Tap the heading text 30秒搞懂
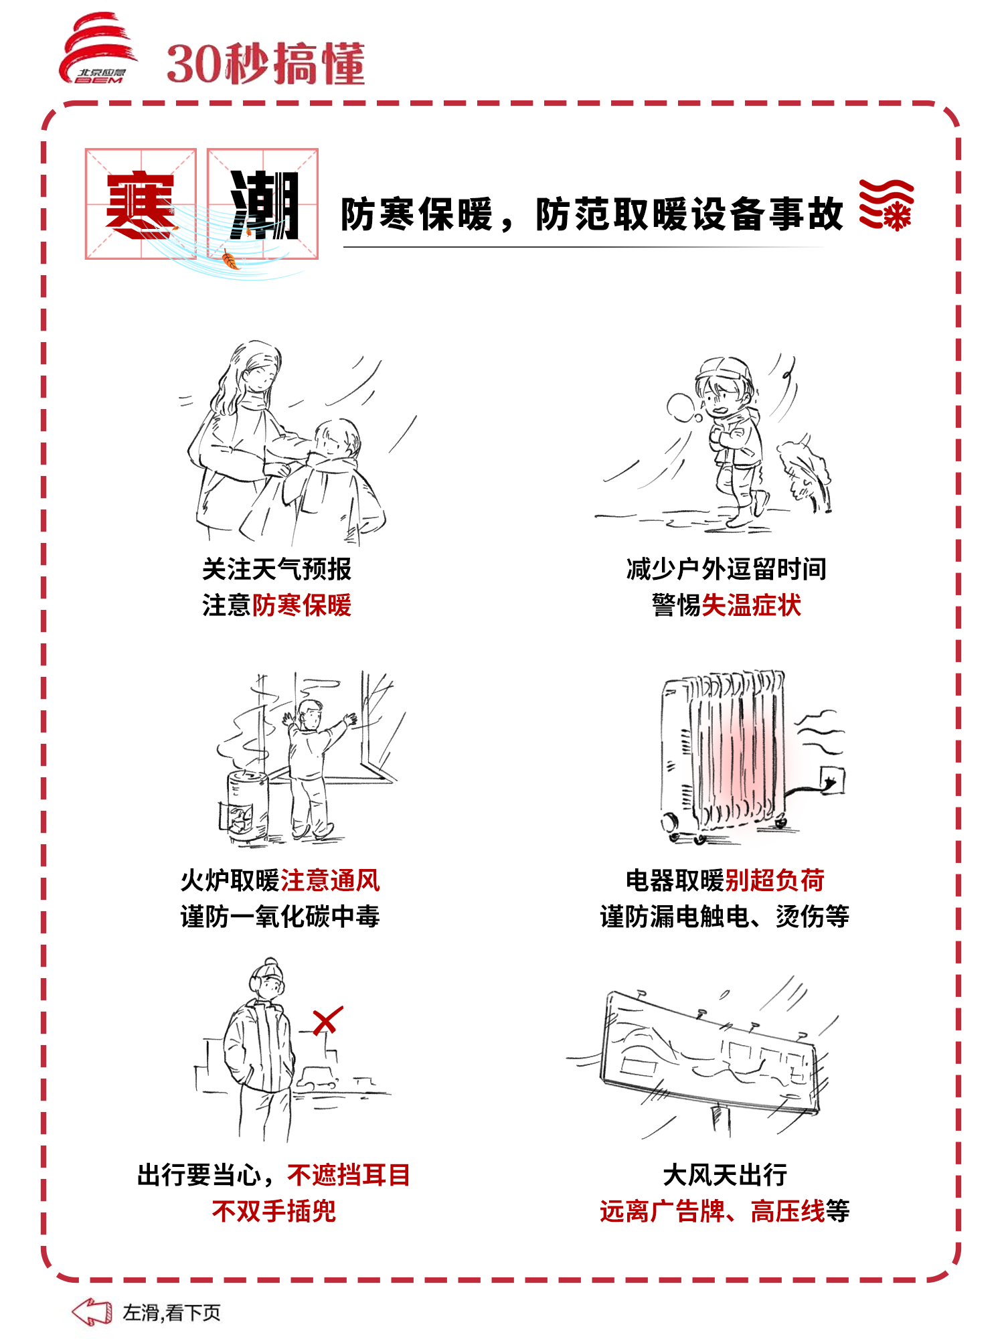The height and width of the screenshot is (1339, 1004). coord(266,64)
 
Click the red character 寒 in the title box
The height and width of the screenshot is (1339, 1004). coord(141,205)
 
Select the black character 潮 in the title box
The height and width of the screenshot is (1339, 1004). coord(264,205)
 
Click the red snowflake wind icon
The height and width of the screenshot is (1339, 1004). coord(887,205)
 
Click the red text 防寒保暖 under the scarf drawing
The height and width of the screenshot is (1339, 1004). coord(302,605)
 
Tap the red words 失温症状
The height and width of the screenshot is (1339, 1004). coord(752,605)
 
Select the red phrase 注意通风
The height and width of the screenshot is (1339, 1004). coord(330,880)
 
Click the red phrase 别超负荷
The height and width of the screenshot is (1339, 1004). coord(775,880)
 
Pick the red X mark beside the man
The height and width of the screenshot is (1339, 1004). coord(328,1021)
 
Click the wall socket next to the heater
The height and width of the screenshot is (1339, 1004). coord(832,781)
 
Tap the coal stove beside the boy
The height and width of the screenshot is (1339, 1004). coord(244,806)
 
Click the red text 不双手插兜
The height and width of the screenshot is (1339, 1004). coord(274,1211)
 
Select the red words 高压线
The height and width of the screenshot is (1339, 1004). coord(788,1211)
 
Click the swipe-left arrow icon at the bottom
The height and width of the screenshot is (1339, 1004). coord(92,1312)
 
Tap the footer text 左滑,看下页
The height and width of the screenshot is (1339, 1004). coord(171,1313)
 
